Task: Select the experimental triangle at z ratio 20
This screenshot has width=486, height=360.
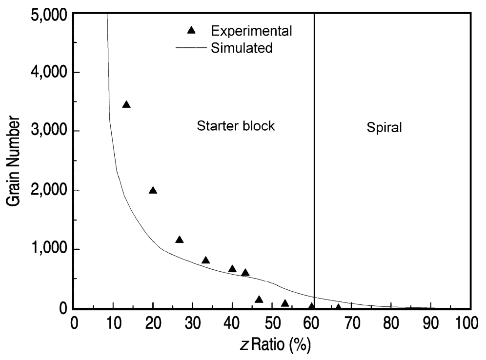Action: (x=153, y=190)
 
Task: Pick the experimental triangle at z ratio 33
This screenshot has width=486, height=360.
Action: (x=205, y=260)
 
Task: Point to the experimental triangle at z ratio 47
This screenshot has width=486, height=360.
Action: (x=259, y=300)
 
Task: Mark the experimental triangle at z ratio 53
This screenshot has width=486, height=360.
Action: (x=285, y=303)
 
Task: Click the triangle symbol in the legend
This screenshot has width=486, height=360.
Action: (x=191, y=31)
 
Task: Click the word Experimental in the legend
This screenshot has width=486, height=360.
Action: (x=252, y=31)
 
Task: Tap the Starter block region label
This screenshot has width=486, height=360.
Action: (x=236, y=126)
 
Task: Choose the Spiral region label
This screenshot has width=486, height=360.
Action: (x=384, y=127)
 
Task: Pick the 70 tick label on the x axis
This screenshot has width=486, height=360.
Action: (x=351, y=323)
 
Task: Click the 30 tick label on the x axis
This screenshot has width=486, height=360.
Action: (x=193, y=323)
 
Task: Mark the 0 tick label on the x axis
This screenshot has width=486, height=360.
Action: (x=74, y=323)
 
